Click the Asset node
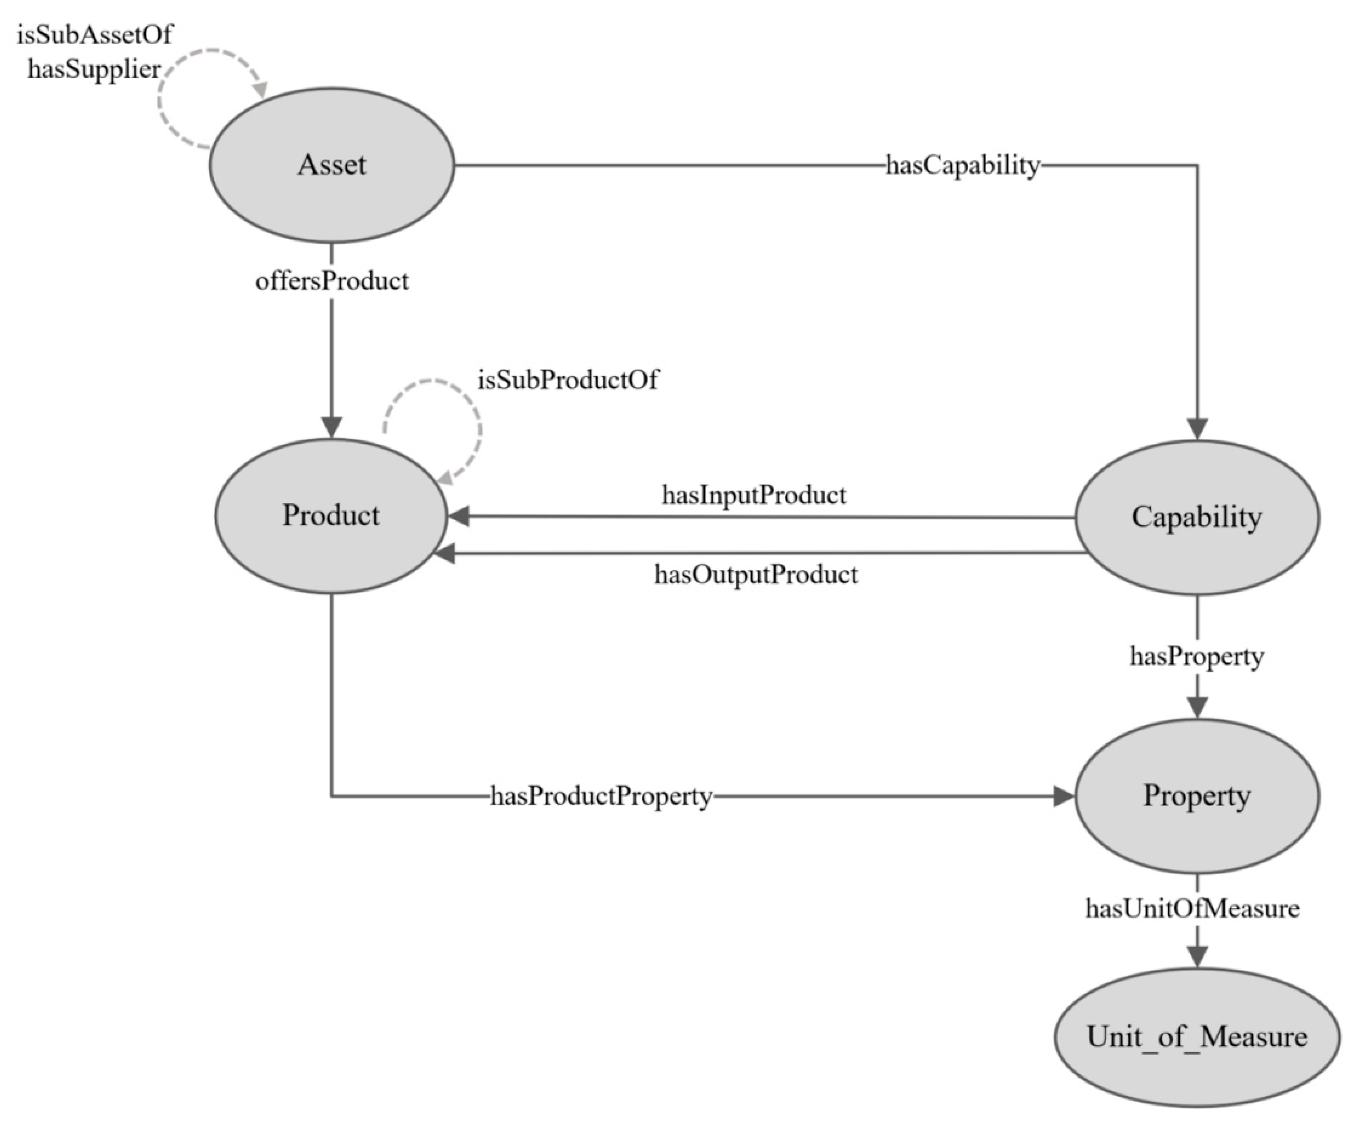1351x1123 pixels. (x=332, y=165)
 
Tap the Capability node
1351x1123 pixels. (x=1197, y=517)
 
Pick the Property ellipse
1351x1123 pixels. (x=1197, y=796)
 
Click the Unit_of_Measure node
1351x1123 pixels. (x=1197, y=1037)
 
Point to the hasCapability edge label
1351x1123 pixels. (x=963, y=165)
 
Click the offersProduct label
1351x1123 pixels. (x=332, y=281)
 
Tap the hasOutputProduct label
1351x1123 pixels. (x=756, y=574)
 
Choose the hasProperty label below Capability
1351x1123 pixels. (x=1197, y=656)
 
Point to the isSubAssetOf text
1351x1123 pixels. (x=95, y=35)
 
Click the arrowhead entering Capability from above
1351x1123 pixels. (x=1197, y=429)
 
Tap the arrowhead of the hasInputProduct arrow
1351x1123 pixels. (x=458, y=516)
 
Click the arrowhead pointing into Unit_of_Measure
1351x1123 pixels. (x=1197, y=956)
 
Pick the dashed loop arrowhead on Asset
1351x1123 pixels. (x=260, y=90)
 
